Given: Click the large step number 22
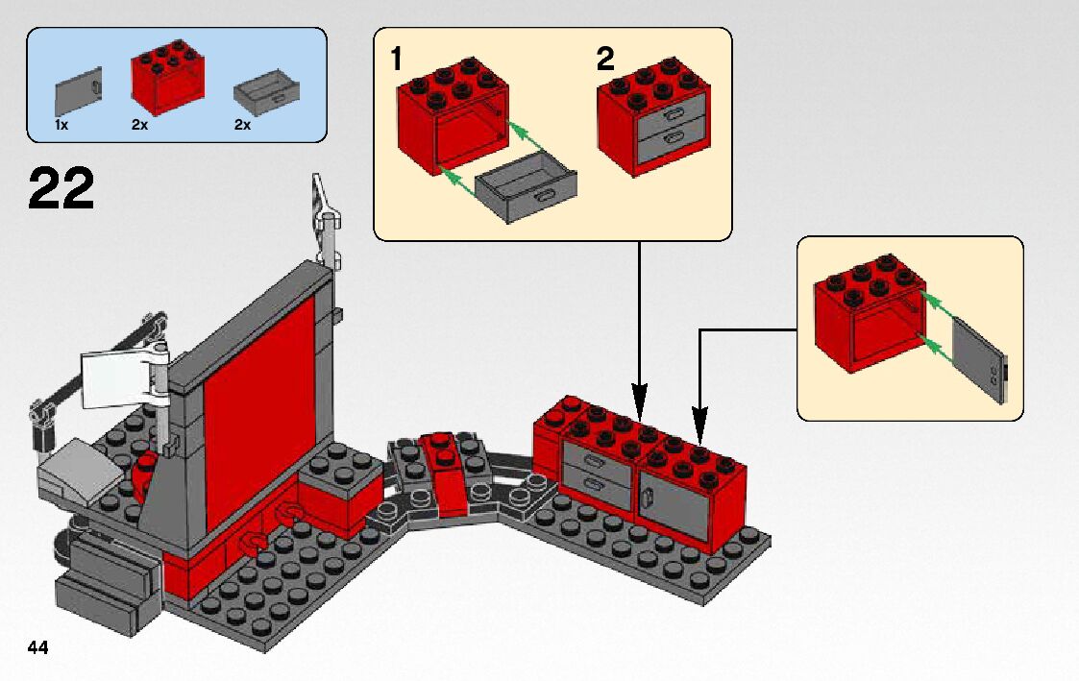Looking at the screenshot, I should point(61,188).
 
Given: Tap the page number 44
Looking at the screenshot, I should point(38,647).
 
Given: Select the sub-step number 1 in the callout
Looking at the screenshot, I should point(396,60).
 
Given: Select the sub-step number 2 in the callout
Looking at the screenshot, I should point(604,60).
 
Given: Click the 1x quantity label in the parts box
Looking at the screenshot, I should point(61,125).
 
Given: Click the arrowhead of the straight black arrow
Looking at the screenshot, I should point(640,398).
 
